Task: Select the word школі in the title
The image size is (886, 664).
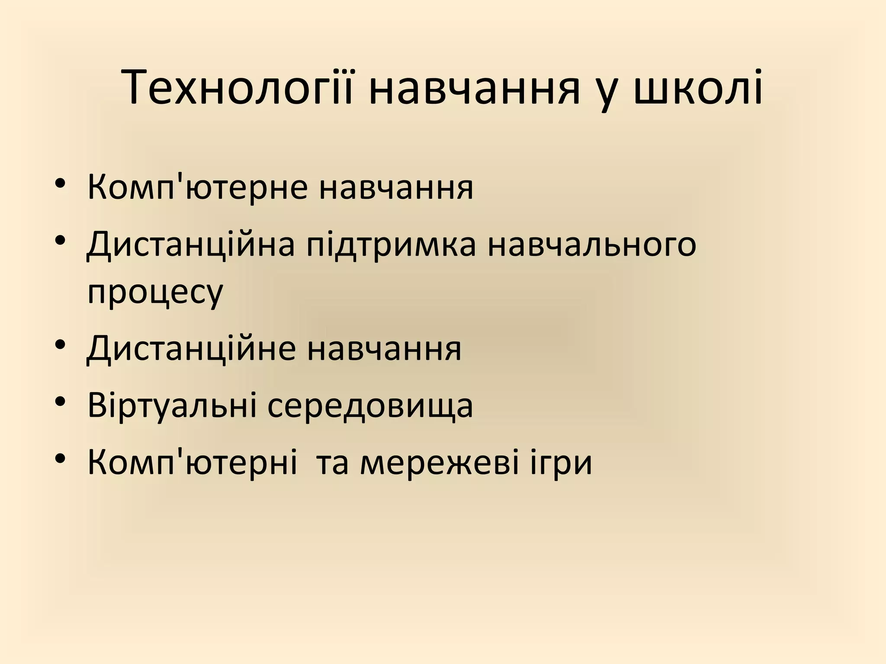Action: click(x=698, y=89)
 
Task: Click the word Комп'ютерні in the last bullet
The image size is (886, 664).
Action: click(x=192, y=463)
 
